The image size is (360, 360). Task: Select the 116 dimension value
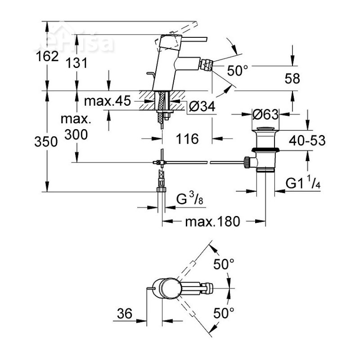coord(188,139)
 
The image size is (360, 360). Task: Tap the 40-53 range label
coord(306,140)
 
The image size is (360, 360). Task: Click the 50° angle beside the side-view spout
coord(238,70)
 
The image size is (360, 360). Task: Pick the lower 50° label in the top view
coord(224,312)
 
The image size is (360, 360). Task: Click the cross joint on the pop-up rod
coord(161,162)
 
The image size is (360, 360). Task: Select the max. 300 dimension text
coord(76,127)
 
